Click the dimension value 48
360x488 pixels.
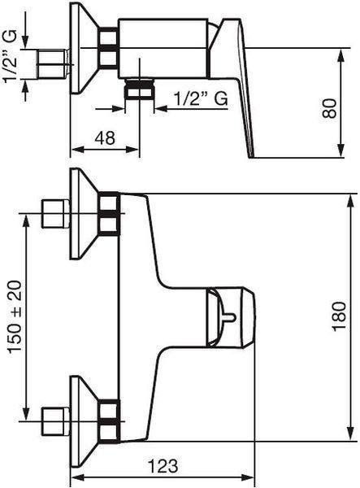[105, 138]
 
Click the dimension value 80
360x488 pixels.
[329, 108]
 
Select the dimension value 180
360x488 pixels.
[339, 316]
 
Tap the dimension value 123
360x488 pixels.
[163, 466]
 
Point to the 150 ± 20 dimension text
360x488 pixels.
[15, 317]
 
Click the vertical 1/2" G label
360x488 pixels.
[10, 57]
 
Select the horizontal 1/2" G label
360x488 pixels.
[201, 98]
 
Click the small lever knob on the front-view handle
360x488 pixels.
[230, 318]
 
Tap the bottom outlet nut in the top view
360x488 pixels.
[139, 89]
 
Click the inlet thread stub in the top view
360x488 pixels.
[53, 63]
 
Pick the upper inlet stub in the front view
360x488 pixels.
[55, 214]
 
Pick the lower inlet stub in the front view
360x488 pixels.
[55, 421]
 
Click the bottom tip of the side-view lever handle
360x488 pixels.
[251, 156]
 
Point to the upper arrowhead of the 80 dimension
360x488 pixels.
[341, 55]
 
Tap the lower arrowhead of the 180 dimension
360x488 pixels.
[351, 434]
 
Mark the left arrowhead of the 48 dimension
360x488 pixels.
[77, 149]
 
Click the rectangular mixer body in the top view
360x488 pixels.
[163, 48]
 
